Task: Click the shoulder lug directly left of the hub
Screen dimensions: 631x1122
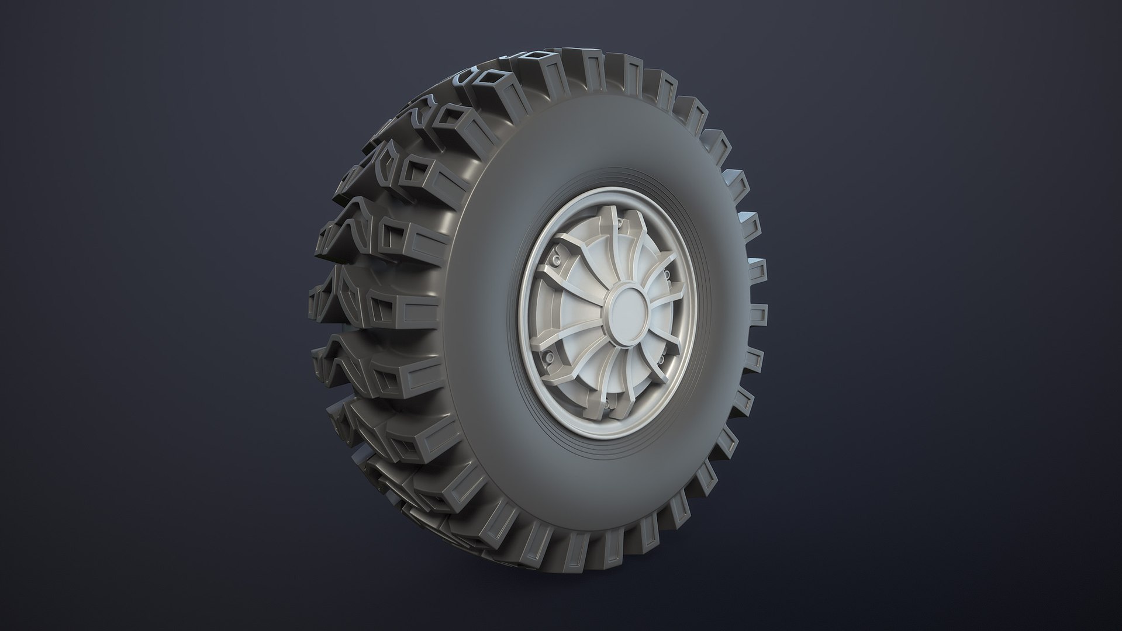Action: (x=418, y=304)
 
